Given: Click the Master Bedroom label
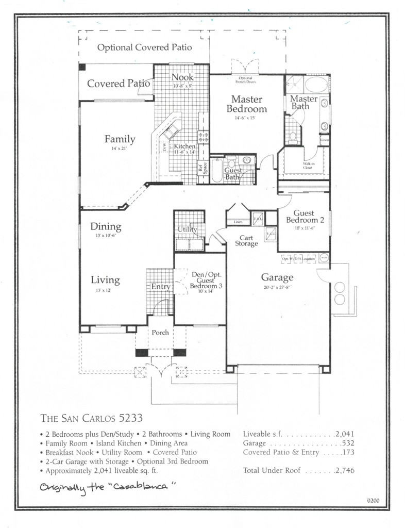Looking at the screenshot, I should point(247,104).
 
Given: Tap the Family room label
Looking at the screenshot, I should point(120,139).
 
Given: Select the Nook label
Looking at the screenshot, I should point(182,77).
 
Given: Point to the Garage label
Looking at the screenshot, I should point(277,277).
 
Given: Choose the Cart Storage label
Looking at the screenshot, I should point(246,241).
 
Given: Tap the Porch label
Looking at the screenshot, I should point(160,333).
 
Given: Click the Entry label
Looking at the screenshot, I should point(160,287).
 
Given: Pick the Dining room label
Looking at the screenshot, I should point(106,226).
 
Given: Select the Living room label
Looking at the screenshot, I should point(105,280).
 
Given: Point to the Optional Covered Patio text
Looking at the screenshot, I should point(145,48).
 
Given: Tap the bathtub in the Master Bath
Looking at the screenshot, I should point(316,84).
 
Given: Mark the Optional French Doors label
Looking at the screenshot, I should point(246,79).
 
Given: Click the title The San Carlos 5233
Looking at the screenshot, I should point(91,418).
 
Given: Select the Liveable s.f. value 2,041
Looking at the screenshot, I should point(345,434).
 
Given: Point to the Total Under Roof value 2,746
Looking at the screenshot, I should point(345,471).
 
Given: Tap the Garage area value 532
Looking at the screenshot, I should point(348,443).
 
